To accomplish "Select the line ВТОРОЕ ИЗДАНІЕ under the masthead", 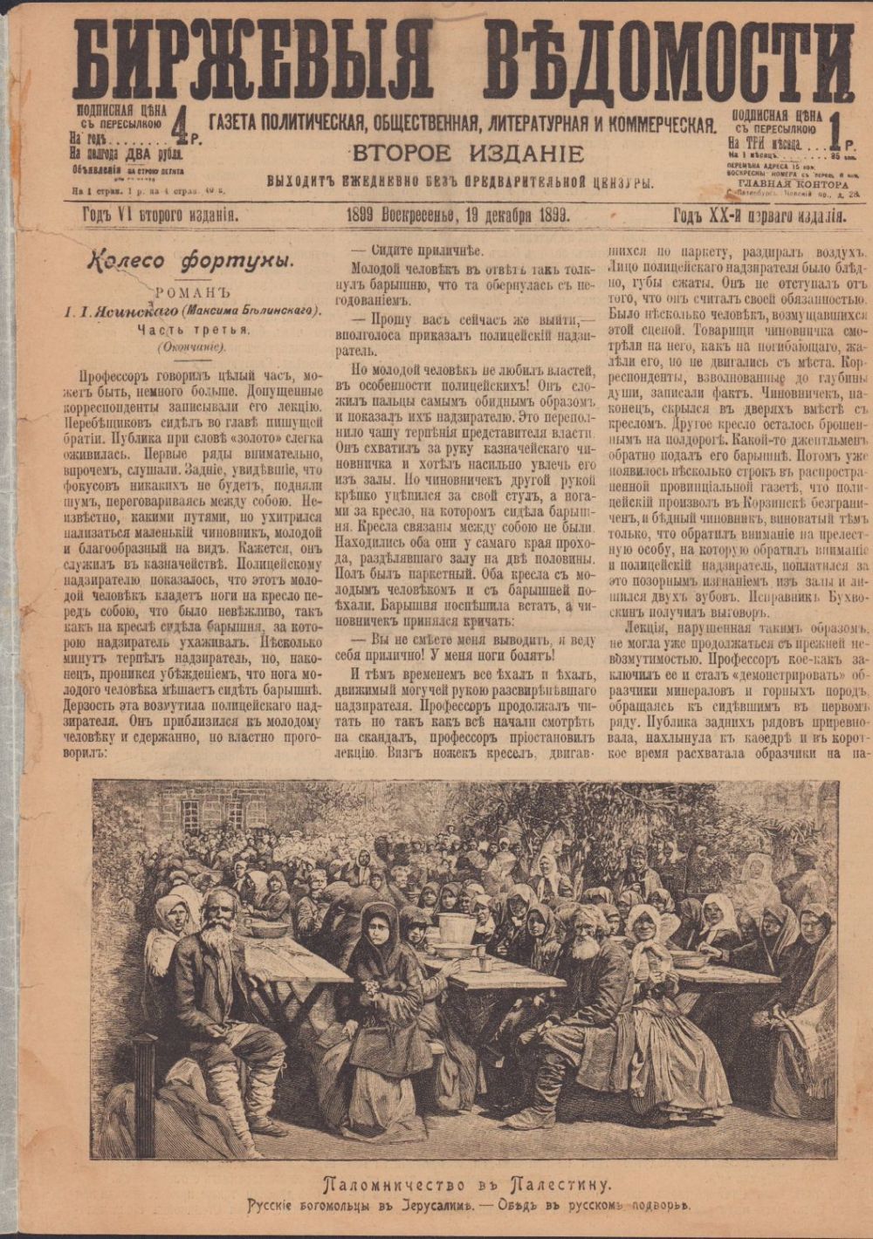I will (x=467, y=154).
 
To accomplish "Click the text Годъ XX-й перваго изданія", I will (x=758, y=216).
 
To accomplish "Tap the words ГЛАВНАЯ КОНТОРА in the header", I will (x=793, y=184).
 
